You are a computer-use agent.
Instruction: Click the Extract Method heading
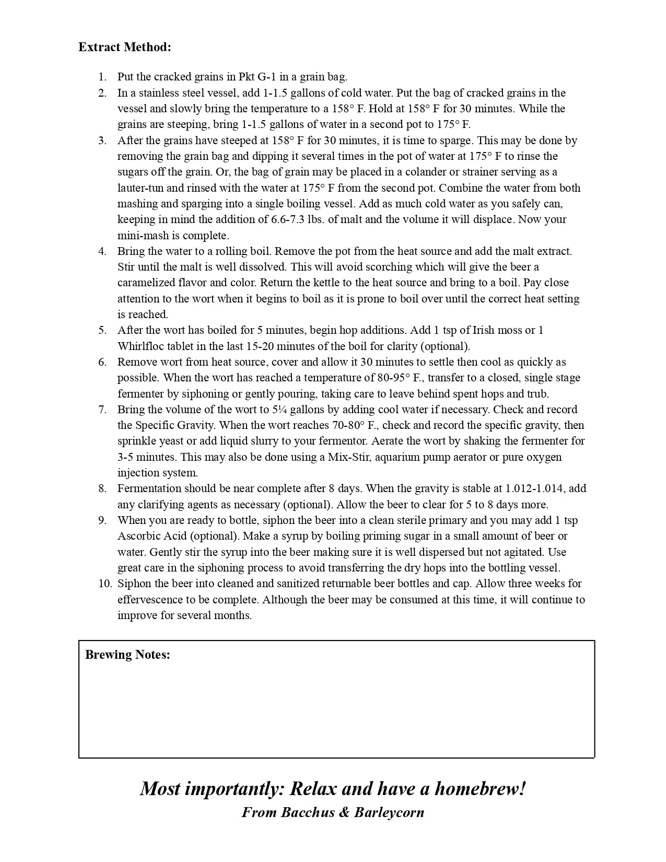pyautogui.click(x=124, y=47)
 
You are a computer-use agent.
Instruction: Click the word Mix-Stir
pyautogui.click(x=349, y=457)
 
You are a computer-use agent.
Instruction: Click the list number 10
pyautogui.click(x=105, y=584)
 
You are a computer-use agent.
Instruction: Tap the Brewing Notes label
pyautogui.click(x=127, y=655)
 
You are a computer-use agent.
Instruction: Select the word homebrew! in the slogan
pyautogui.click(x=480, y=788)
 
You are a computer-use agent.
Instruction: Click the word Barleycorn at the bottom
pyautogui.click(x=389, y=812)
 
